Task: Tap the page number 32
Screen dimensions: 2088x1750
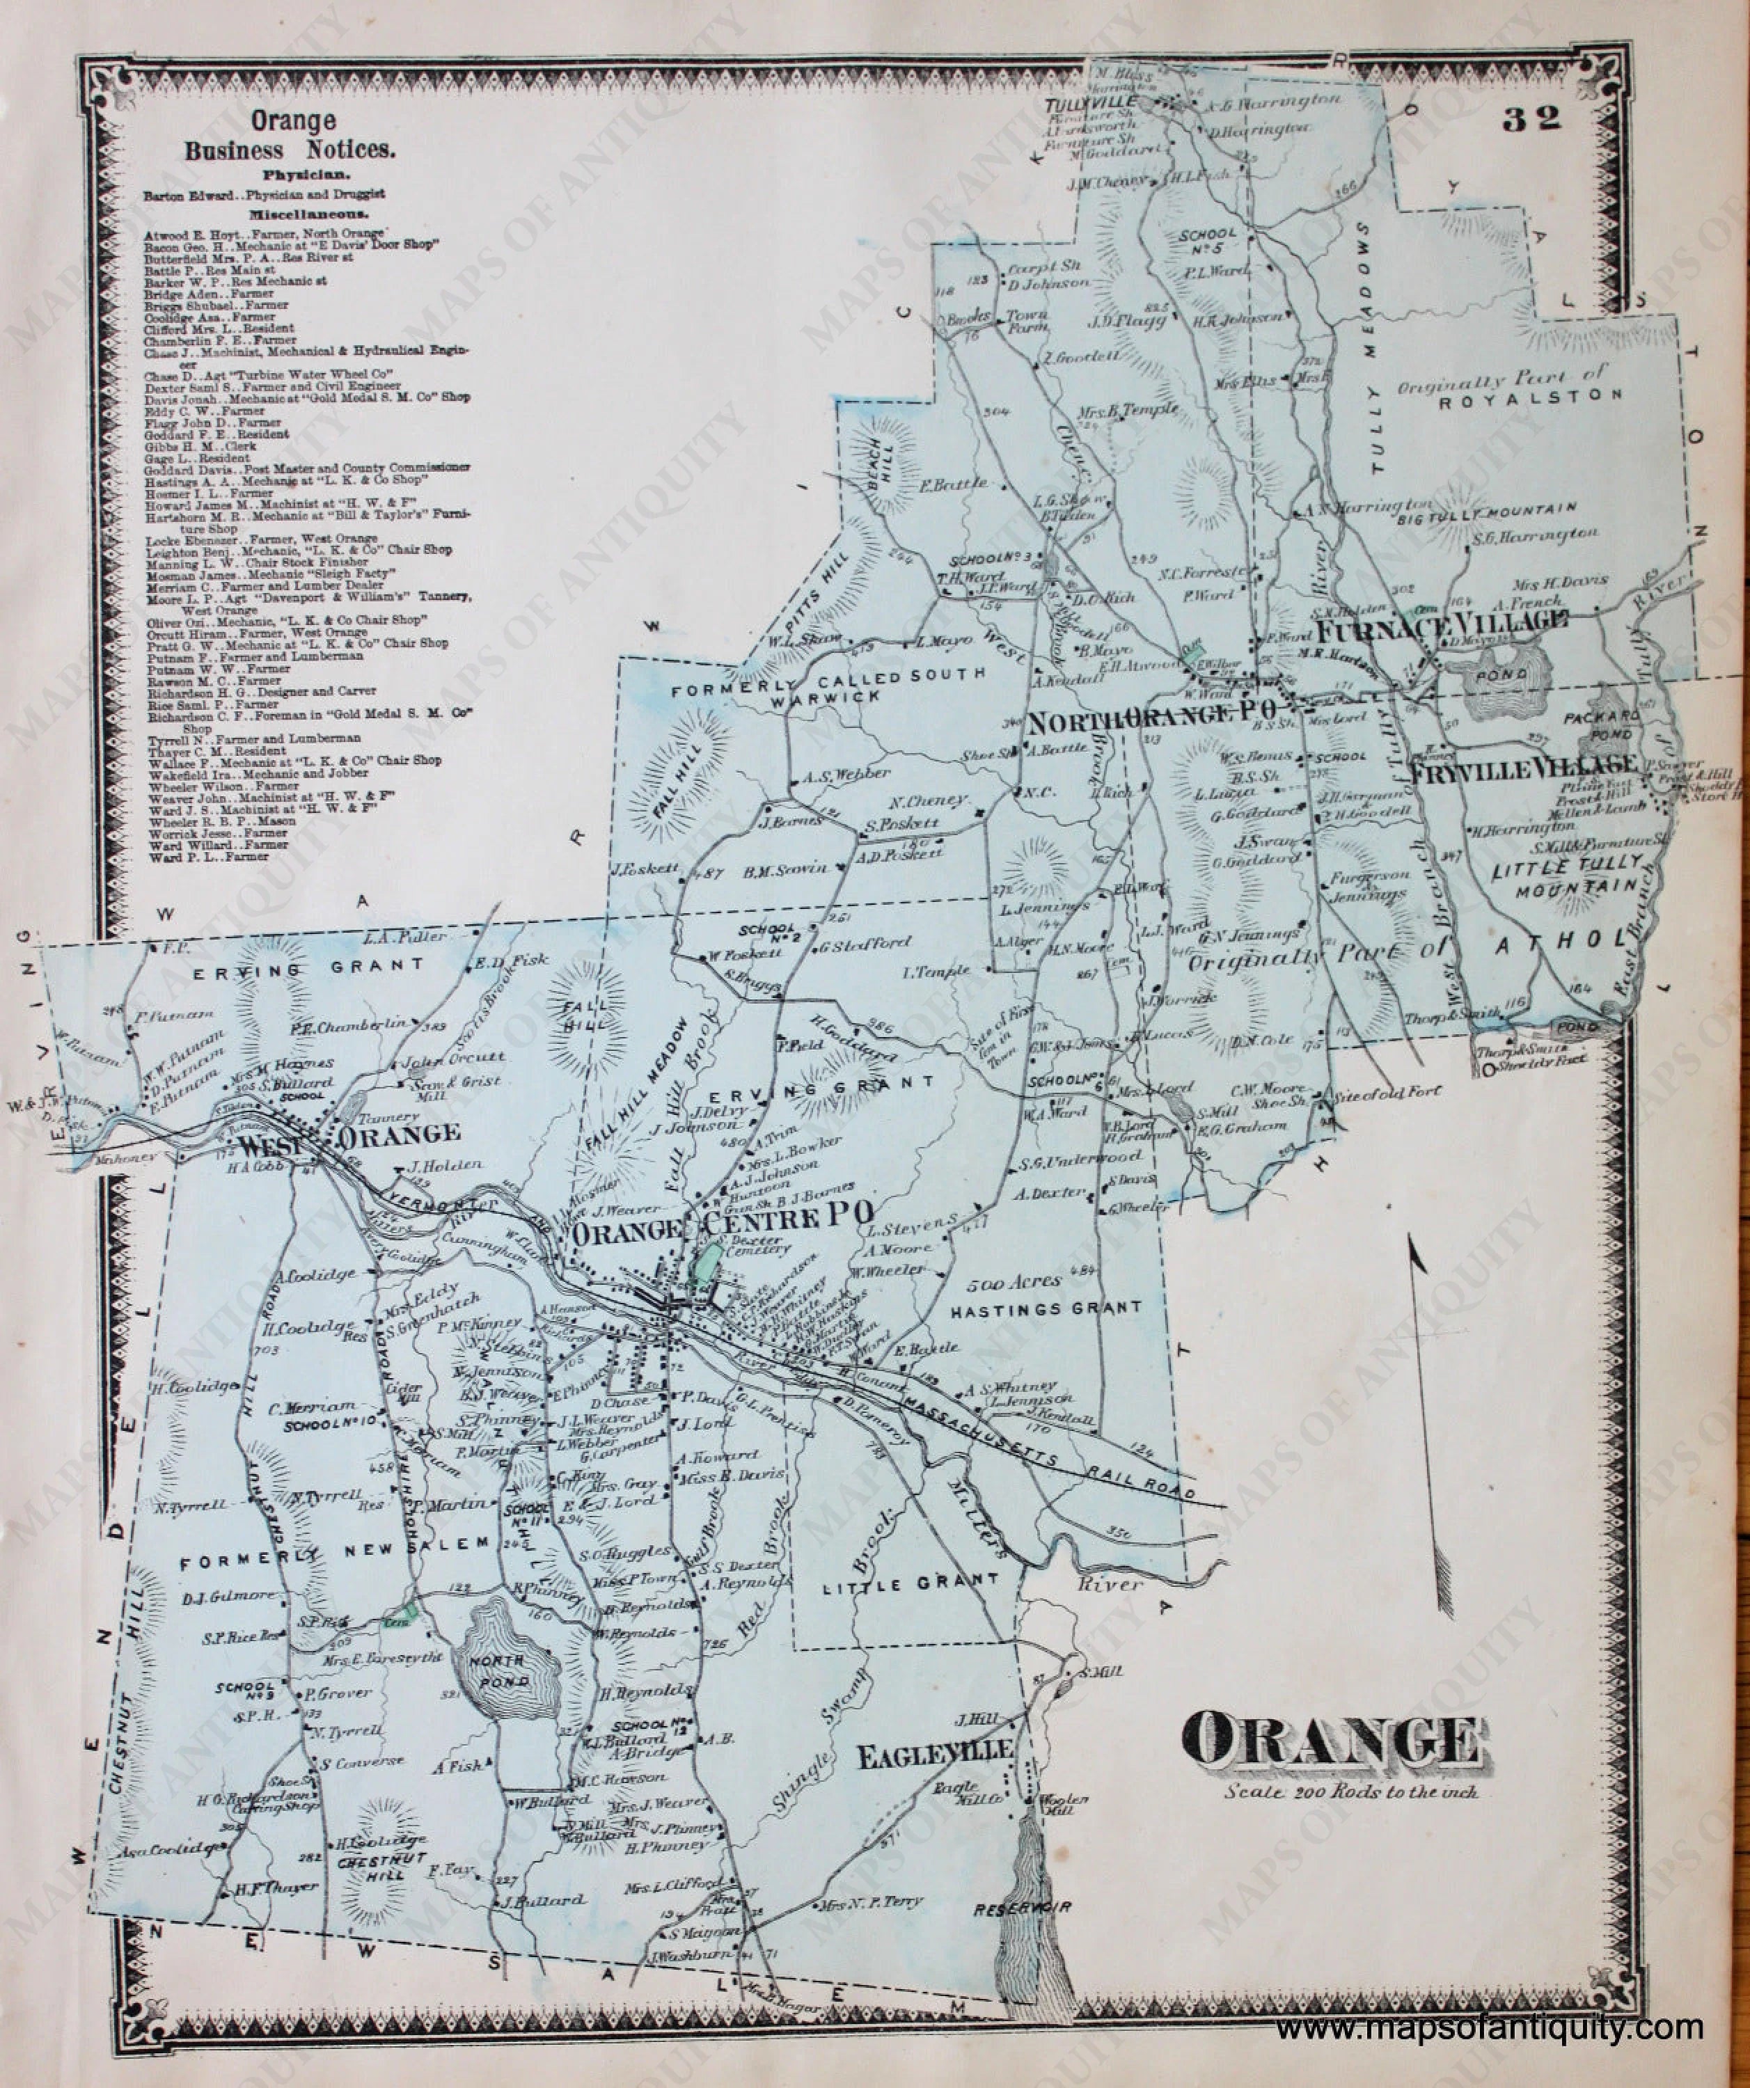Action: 1532,119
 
